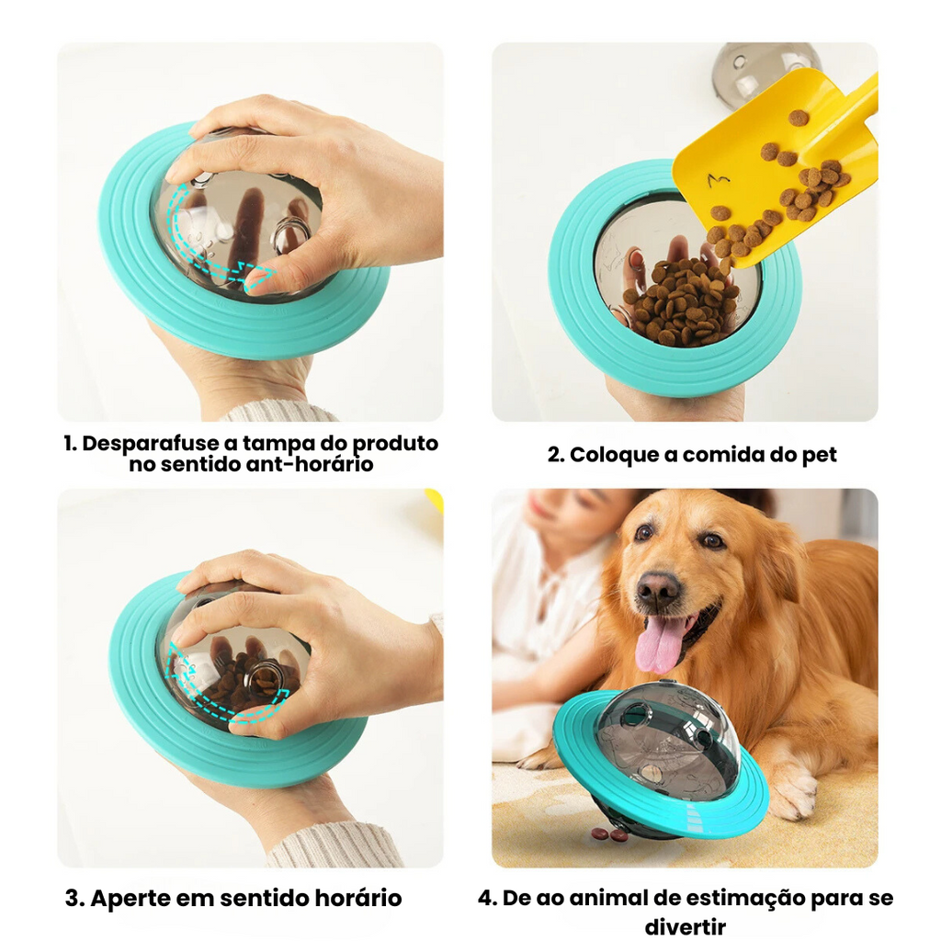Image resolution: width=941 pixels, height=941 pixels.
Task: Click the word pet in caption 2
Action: (819, 455)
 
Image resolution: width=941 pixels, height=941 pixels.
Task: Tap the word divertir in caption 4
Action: (686, 926)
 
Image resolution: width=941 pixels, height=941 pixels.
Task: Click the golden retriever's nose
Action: (658, 587)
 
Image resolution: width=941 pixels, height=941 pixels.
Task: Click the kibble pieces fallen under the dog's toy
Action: (609, 833)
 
